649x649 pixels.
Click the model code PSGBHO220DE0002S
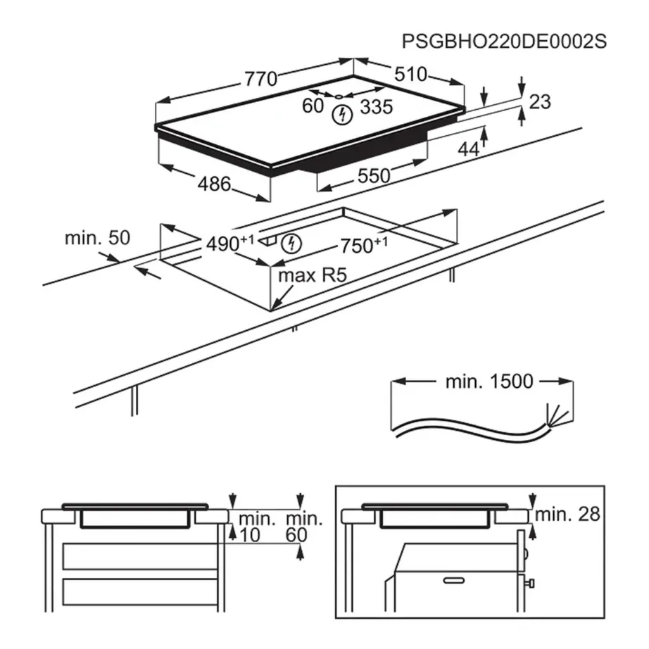pos(504,42)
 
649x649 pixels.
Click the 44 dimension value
pos(468,149)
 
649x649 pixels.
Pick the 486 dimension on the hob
pos(214,184)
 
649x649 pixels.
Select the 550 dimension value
pos(373,175)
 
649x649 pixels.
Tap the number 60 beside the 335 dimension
pos(313,106)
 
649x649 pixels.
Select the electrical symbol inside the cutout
pos(290,244)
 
